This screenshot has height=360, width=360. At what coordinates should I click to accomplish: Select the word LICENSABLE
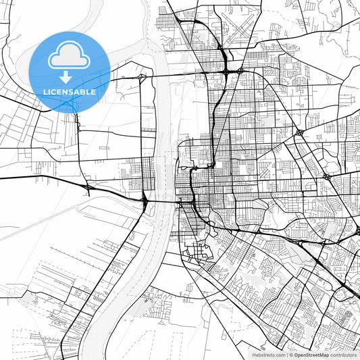(x=70, y=92)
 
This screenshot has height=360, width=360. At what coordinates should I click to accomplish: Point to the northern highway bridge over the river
(x=162, y=75)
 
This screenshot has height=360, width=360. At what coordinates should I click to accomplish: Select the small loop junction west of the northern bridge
(x=140, y=78)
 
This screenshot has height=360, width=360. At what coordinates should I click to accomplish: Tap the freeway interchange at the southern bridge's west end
(x=145, y=200)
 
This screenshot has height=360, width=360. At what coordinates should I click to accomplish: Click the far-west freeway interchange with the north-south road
(x=86, y=186)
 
